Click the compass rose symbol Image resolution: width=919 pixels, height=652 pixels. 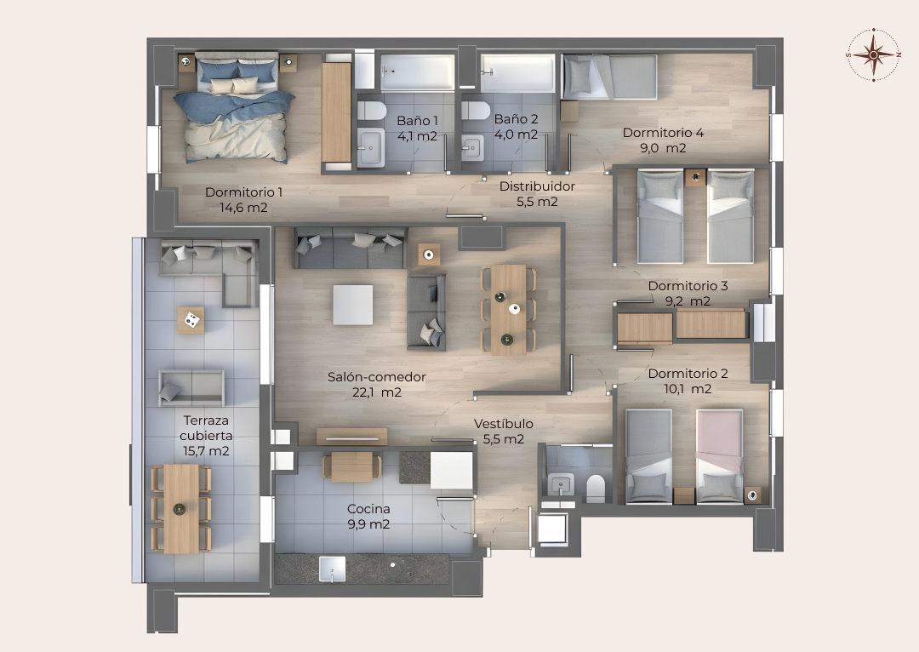coord(873,54)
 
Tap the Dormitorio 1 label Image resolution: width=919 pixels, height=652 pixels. coord(244,192)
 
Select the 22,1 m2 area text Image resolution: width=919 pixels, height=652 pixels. coord(377,392)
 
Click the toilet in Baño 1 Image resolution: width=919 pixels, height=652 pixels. coord(371,110)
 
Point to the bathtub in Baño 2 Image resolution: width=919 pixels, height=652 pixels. coord(517,73)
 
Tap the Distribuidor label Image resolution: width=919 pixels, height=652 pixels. coord(537,186)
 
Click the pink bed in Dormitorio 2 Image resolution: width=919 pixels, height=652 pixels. coord(719,455)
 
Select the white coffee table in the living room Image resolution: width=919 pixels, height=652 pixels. coord(353,305)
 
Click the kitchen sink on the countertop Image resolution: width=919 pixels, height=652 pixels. coord(333,569)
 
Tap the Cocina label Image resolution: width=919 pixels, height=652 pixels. coord(368,509)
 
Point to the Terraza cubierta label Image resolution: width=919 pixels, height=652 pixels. coord(206,428)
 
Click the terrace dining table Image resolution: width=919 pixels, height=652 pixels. coord(181,509)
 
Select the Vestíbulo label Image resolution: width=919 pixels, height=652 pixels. coord(504,423)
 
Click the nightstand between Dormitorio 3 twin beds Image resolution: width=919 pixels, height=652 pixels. coord(695,178)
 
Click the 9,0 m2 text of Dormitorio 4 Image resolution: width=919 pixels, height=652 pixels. coord(663,148)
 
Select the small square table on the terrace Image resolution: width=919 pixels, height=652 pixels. coord(191,320)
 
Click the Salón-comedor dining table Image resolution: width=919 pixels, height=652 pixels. coord(508,310)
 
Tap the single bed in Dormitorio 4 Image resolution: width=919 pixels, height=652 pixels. coord(609,77)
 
